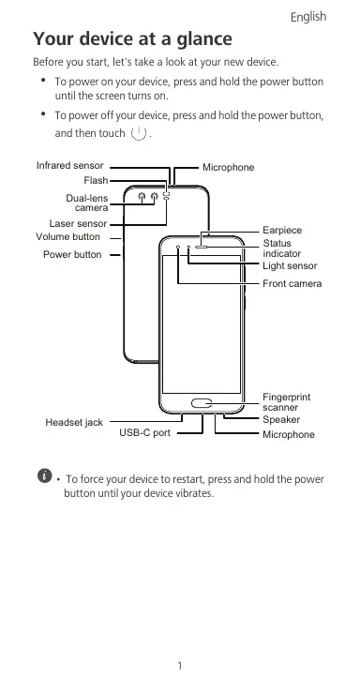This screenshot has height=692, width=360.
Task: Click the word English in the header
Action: [x=308, y=17]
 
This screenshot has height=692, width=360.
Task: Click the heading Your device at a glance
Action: [x=132, y=38]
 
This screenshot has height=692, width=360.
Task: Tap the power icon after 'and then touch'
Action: [x=139, y=133]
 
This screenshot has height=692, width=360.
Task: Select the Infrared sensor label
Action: [x=69, y=165]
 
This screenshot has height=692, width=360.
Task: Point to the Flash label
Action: [x=96, y=181]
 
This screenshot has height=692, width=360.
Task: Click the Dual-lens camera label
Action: [x=87, y=203]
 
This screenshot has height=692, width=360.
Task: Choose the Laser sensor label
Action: [x=78, y=224]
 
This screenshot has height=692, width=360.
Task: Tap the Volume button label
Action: [x=67, y=237]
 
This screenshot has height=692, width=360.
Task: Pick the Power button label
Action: [x=72, y=255]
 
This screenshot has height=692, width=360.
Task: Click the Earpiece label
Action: [x=282, y=231]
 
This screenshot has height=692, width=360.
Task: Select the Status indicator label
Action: [x=282, y=248]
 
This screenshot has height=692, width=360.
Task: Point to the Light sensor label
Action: [x=290, y=266]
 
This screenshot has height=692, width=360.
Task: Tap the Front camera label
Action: [x=292, y=284]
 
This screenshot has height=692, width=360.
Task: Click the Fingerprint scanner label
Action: [x=287, y=402]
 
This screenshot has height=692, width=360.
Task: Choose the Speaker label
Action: [x=281, y=420]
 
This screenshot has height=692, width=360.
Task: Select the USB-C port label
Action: [x=144, y=433]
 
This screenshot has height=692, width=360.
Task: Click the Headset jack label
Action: [x=74, y=423]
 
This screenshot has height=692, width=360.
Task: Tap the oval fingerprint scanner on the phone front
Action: [x=202, y=403]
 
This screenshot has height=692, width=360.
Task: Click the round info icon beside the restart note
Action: [x=44, y=475]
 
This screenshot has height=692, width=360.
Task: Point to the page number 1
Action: [x=180, y=666]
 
